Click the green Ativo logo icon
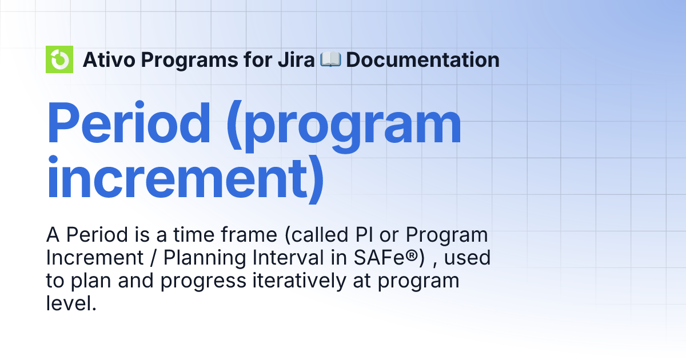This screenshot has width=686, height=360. [59, 59]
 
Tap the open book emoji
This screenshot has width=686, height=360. [330, 59]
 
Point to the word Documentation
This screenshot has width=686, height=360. [422, 59]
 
